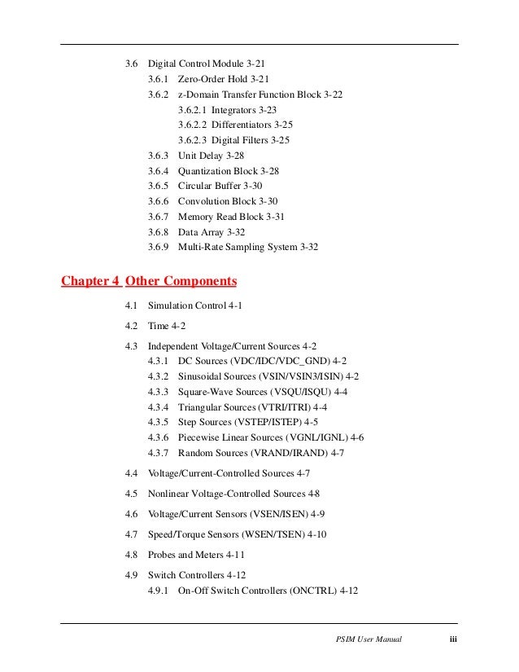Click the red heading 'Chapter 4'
pos(91,282)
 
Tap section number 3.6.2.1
pos(192,110)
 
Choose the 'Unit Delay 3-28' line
pos(211,156)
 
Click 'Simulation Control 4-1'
pos(195,305)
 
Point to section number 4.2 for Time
pos(131,326)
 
